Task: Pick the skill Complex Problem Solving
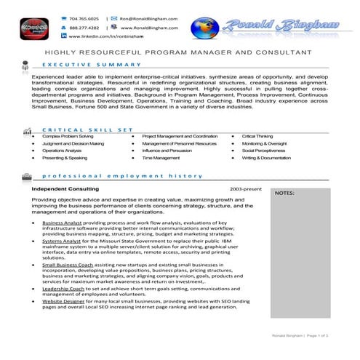click(68, 136)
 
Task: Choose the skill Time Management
click(161, 157)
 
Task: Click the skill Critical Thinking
click(257, 136)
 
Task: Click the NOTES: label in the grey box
click(285, 193)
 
